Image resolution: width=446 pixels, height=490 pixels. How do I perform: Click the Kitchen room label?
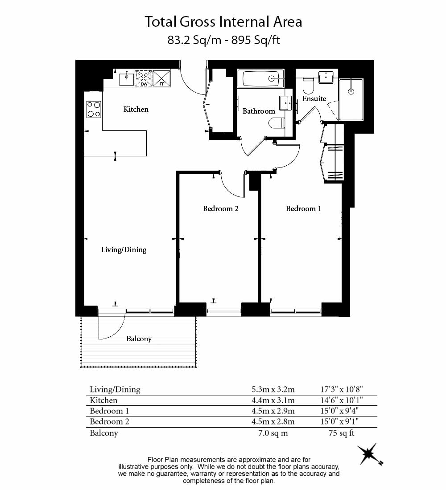(x=136, y=109)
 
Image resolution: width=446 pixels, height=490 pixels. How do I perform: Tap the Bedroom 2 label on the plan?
(x=221, y=208)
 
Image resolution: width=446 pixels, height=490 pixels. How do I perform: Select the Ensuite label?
(x=314, y=98)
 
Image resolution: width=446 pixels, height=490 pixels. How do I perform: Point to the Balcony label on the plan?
(x=139, y=339)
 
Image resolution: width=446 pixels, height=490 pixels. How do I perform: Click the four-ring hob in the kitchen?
(x=94, y=109)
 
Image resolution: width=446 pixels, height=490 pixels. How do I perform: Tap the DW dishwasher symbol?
(x=144, y=78)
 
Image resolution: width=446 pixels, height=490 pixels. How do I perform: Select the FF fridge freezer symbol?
(x=162, y=78)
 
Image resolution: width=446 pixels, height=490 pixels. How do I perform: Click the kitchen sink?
(x=127, y=79)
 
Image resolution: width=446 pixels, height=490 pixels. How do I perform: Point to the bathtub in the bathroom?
(x=260, y=78)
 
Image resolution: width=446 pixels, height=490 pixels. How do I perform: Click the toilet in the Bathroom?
(x=277, y=123)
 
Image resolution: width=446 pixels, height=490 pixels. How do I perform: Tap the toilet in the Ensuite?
(x=308, y=86)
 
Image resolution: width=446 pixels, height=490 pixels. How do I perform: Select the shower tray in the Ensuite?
(x=351, y=100)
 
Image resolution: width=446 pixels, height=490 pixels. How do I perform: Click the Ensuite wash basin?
(x=326, y=77)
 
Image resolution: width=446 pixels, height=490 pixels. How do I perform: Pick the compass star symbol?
(x=370, y=454)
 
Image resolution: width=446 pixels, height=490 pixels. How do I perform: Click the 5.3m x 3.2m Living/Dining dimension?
(x=273, y=389)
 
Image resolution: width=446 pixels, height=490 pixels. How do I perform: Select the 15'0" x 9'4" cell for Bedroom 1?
(x=339, y=411)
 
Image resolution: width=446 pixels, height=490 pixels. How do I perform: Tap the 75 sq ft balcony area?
(x=342, y=433)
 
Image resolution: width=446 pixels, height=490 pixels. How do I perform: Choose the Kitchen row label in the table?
(x=103, y=400)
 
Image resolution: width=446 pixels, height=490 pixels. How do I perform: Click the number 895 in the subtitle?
(x=241, y=40)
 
